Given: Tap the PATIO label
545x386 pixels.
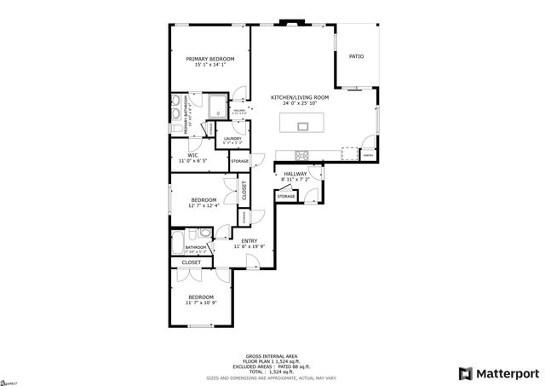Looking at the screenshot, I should pyautogui.click(x=356, y=56).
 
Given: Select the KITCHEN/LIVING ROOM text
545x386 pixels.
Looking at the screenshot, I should pyautogui.click(x=300, y=97).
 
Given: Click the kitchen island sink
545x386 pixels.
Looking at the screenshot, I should pyautogui.click(x=303, y=127).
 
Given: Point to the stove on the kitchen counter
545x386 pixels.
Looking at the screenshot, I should pyautogui.click(x=301, y=154).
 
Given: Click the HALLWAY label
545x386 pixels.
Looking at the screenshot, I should pyautogui.click(x=295, y=174).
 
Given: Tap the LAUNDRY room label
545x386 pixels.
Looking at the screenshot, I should pyautogui.click(x=232, y=138).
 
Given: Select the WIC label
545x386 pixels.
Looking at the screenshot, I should pyautogui.click(x=193, y=155).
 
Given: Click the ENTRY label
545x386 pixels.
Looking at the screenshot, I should pyautogui.click(x=250, y=241).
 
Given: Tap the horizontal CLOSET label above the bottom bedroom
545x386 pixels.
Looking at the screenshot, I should pyautogui.click(x=192, y=262).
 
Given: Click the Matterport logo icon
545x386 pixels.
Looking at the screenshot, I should pyautogui.click(x=464, y=373).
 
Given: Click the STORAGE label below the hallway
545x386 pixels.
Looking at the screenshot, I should pyautogui.click(x=286, y=196).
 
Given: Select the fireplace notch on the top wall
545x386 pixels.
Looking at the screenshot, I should pyautogui.click(x=295, y=24).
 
